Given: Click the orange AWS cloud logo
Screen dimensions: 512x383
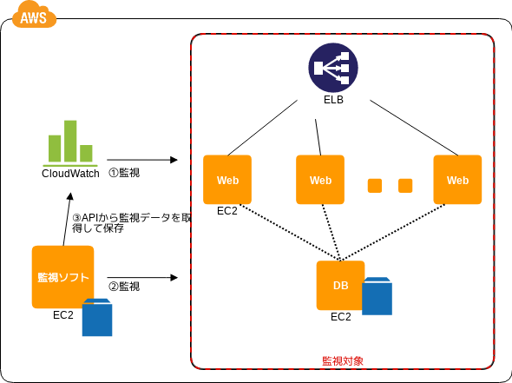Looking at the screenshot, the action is (34, 15).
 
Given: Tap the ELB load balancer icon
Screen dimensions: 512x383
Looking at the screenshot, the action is (333, 68).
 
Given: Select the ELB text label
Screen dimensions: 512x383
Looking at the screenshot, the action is (333, 100).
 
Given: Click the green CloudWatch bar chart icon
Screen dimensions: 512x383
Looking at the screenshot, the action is (70, 143).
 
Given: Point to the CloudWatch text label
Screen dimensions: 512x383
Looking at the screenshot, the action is (70, 174).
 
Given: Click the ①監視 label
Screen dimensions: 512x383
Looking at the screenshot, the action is (124, 173).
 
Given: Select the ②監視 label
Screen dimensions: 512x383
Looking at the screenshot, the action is (124, 287).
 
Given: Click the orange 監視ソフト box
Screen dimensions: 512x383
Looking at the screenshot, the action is (62, 277).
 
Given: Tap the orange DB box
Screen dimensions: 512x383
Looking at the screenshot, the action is (340, 285).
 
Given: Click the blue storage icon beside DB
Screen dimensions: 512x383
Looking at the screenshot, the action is (377, 296).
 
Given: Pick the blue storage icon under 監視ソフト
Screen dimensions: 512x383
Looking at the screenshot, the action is (97, 317).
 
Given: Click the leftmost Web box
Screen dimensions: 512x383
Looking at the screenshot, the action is (227, 180).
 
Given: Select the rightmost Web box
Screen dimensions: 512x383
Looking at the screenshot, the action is (457, 180).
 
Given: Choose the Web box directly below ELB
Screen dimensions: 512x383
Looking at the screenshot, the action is (320, 180).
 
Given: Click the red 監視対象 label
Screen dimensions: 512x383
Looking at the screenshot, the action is (343, 361).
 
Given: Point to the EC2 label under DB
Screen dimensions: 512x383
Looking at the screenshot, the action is (340, 317).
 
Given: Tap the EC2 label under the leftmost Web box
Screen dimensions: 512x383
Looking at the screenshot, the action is (227, 211).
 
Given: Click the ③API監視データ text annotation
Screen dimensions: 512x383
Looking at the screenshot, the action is (132, 223).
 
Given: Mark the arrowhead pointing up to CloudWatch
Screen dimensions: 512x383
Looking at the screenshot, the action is (70, 196).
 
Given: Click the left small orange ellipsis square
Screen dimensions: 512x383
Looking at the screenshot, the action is (375, 186).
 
